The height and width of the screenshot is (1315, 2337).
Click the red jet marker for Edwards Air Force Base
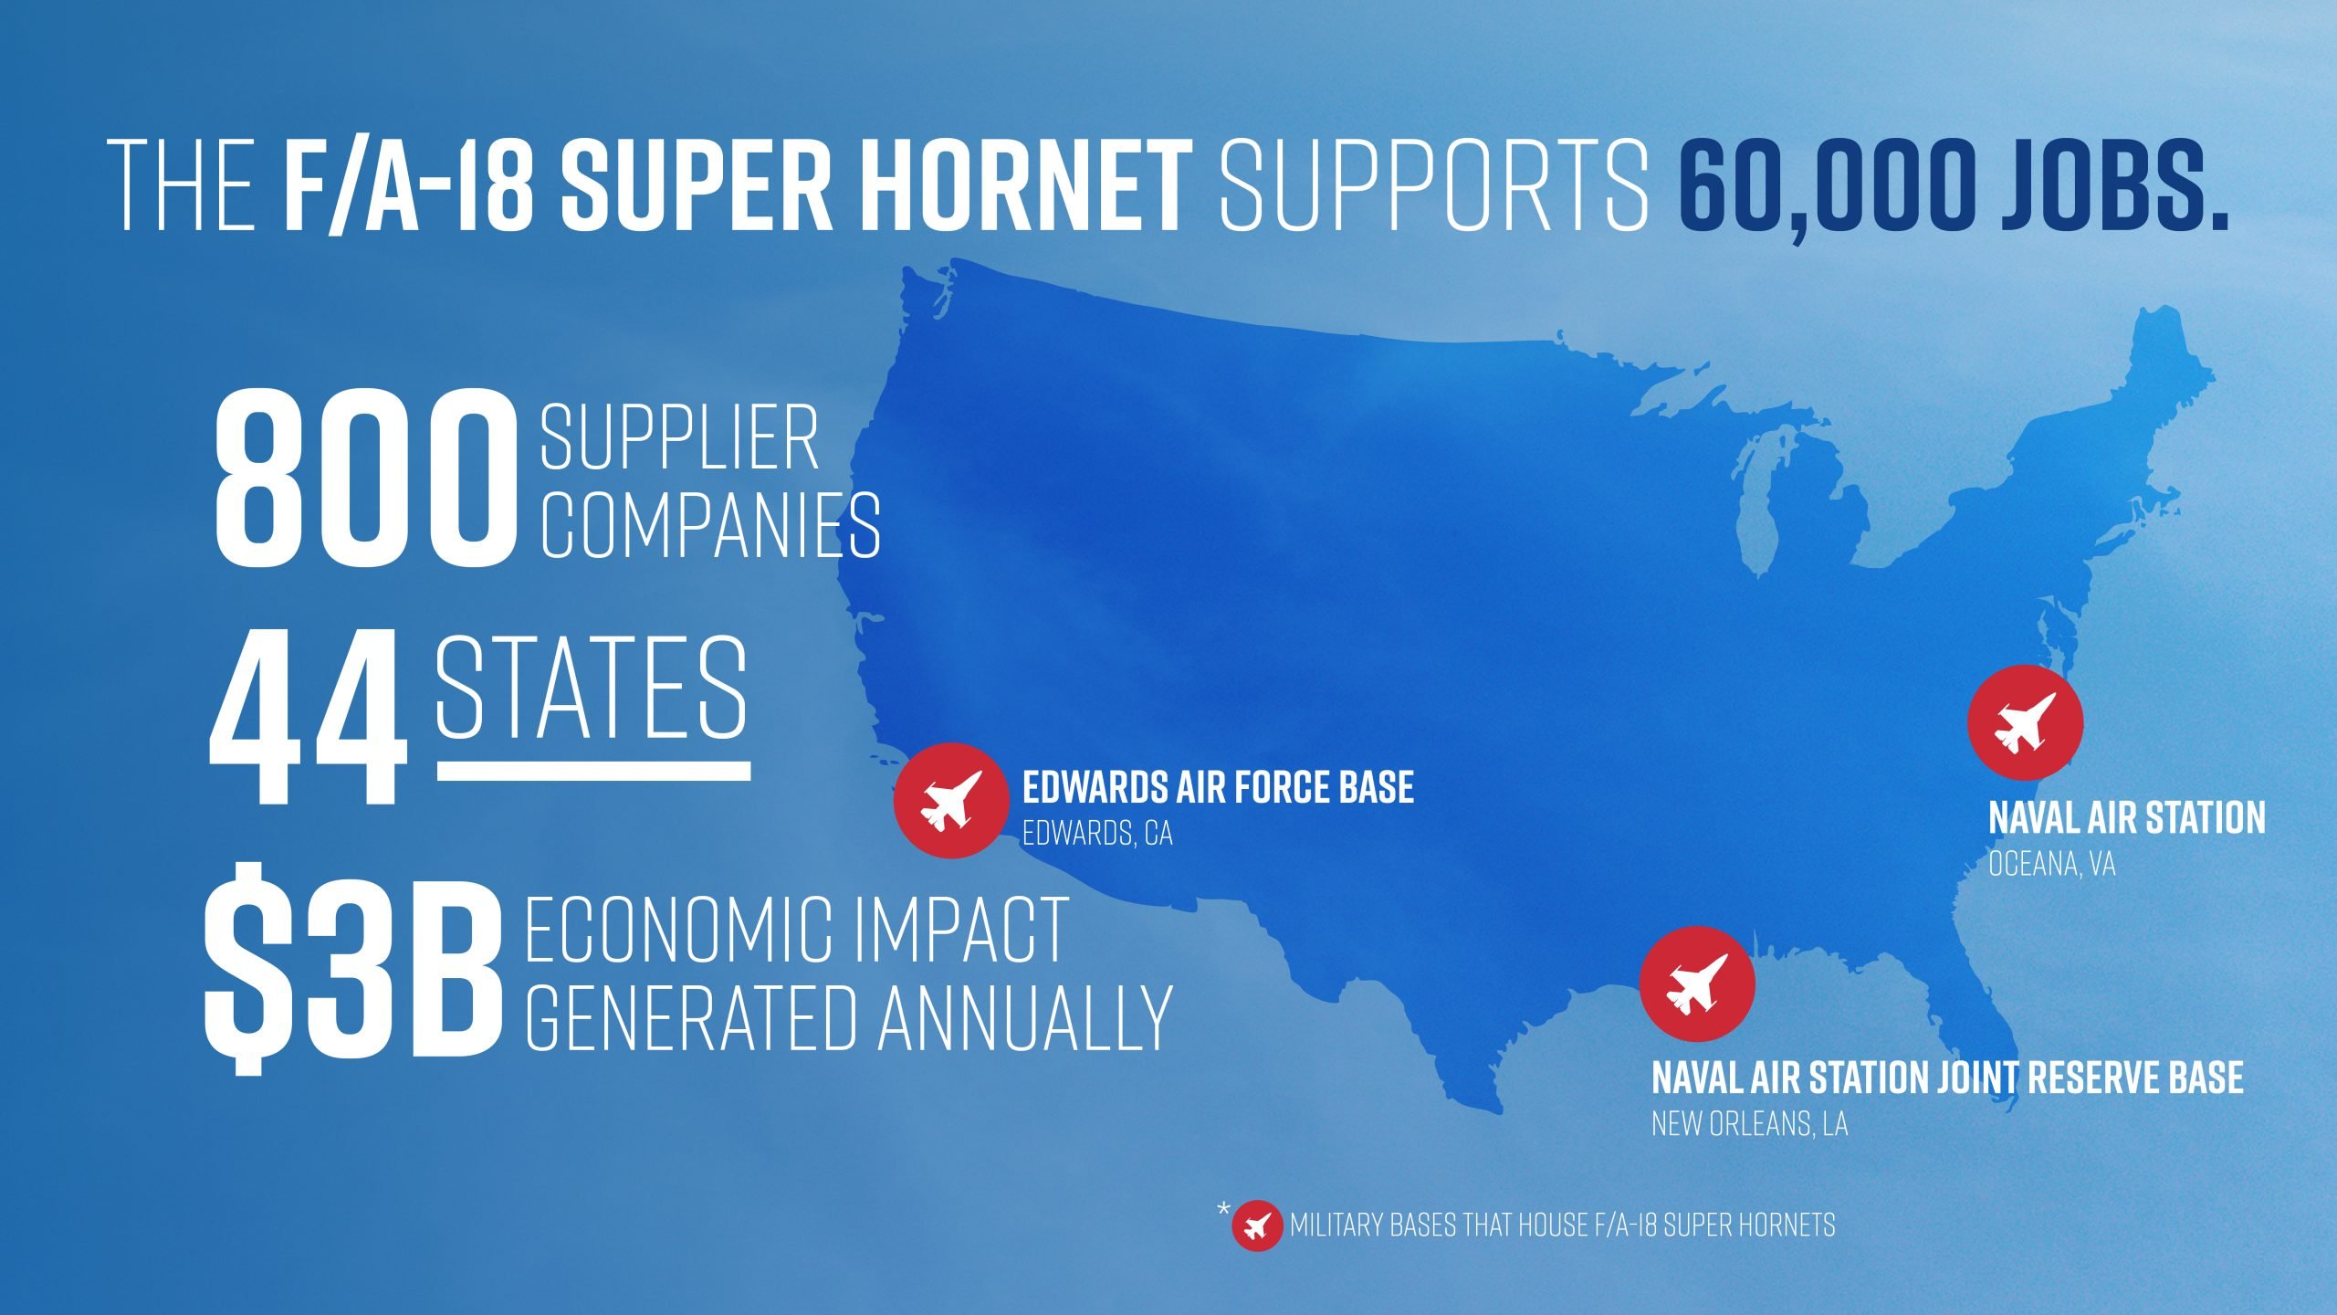coord(951,801)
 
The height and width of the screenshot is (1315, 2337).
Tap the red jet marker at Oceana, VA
coord(2025,722)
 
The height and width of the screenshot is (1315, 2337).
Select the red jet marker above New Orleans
coord(1697,984)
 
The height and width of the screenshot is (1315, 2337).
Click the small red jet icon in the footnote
coord(1257,1226)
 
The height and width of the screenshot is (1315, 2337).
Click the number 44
coord(308,717)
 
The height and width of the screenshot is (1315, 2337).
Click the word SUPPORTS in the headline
coord(1435,184)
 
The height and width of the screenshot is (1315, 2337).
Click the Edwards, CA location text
coord(1097,834)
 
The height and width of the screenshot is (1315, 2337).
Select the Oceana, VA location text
coord(2052,864)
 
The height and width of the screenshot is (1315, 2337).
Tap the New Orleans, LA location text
coord(1750,1123)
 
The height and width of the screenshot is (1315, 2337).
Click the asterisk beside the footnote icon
coord(1223,1210)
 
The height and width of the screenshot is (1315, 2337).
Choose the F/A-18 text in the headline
coord(408,184)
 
